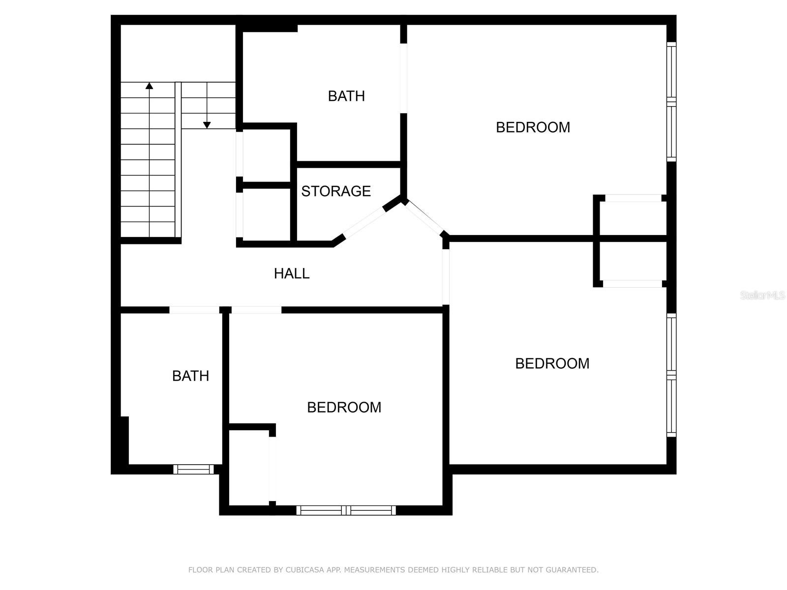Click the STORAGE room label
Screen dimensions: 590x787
[336, 191]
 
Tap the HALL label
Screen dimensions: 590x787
[292, 273]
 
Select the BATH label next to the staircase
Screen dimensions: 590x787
[346, 96]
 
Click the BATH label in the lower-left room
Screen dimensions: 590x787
[190, 376]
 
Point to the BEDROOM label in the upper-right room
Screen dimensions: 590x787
[533, 127]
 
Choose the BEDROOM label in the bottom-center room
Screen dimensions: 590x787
[344, 407]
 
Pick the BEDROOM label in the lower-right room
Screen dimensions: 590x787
[552, 363]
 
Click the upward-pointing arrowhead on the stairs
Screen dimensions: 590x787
[149, 86]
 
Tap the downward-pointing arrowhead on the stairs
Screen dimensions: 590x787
[207, 125]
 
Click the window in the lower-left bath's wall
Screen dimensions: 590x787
[193, 470]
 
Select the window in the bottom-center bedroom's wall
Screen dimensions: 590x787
[346, 510]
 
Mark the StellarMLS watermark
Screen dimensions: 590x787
[762, 295]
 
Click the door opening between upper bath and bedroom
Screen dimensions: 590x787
[403, 79]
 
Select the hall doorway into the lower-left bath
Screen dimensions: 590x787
[194, 310]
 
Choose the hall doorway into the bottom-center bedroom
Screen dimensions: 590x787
[256, 310]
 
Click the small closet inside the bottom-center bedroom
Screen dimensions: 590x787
[249, 467]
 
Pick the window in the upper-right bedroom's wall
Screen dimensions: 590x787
[671, 102]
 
